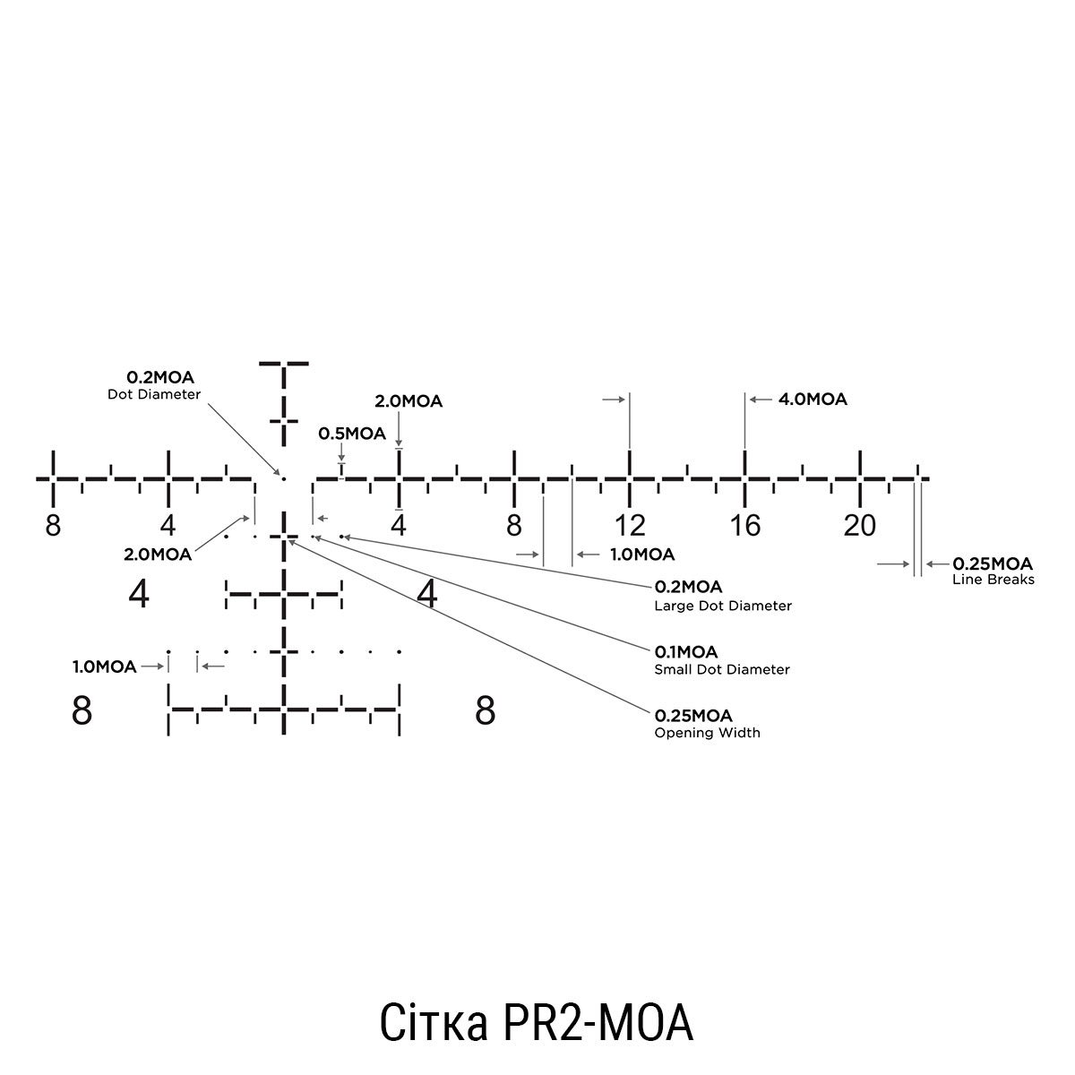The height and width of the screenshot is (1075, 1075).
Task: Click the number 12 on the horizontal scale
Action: pos(630,525)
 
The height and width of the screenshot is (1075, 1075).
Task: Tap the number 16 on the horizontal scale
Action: pos(744,525)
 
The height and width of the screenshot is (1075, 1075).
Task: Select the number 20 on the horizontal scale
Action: pos(859,525)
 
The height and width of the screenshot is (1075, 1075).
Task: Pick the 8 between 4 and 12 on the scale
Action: pos(513,525)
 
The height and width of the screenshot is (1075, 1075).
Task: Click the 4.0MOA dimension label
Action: pos(813,400)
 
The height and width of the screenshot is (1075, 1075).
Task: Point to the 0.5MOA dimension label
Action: pos(352,434)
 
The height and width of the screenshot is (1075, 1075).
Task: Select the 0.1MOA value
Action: pos(686,651)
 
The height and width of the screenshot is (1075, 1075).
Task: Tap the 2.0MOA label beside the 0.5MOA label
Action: pos(408,401)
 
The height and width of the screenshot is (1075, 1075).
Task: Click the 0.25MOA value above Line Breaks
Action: pos(993,563)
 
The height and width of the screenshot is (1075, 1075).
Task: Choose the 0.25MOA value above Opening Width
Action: pos(693,716)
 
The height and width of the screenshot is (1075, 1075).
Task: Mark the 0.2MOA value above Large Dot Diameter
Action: pos(688,587)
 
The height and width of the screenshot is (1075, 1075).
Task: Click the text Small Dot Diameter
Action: pos(722,669)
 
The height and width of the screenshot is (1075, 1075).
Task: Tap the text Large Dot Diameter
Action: pos(723,606)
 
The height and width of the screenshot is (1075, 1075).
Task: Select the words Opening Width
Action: pos(707,733)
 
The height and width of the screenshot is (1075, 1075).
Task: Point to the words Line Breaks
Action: pos(993,580)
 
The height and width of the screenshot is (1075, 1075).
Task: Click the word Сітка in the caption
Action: pos(433,1022)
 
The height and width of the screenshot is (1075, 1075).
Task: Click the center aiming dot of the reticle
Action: pos(284,478)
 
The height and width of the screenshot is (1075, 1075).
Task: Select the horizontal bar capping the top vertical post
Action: pos(283,364)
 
